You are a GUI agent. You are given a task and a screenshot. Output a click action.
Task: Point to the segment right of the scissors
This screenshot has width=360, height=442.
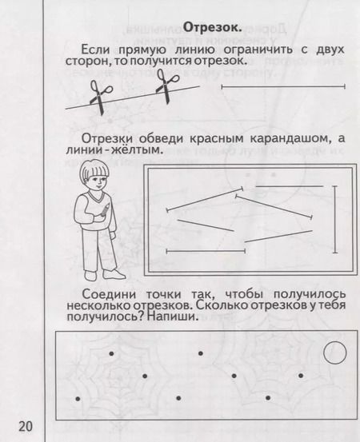coord(281,86)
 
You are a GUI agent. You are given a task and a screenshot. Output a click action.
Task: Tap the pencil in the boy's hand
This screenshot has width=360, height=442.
coord(104,210)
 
